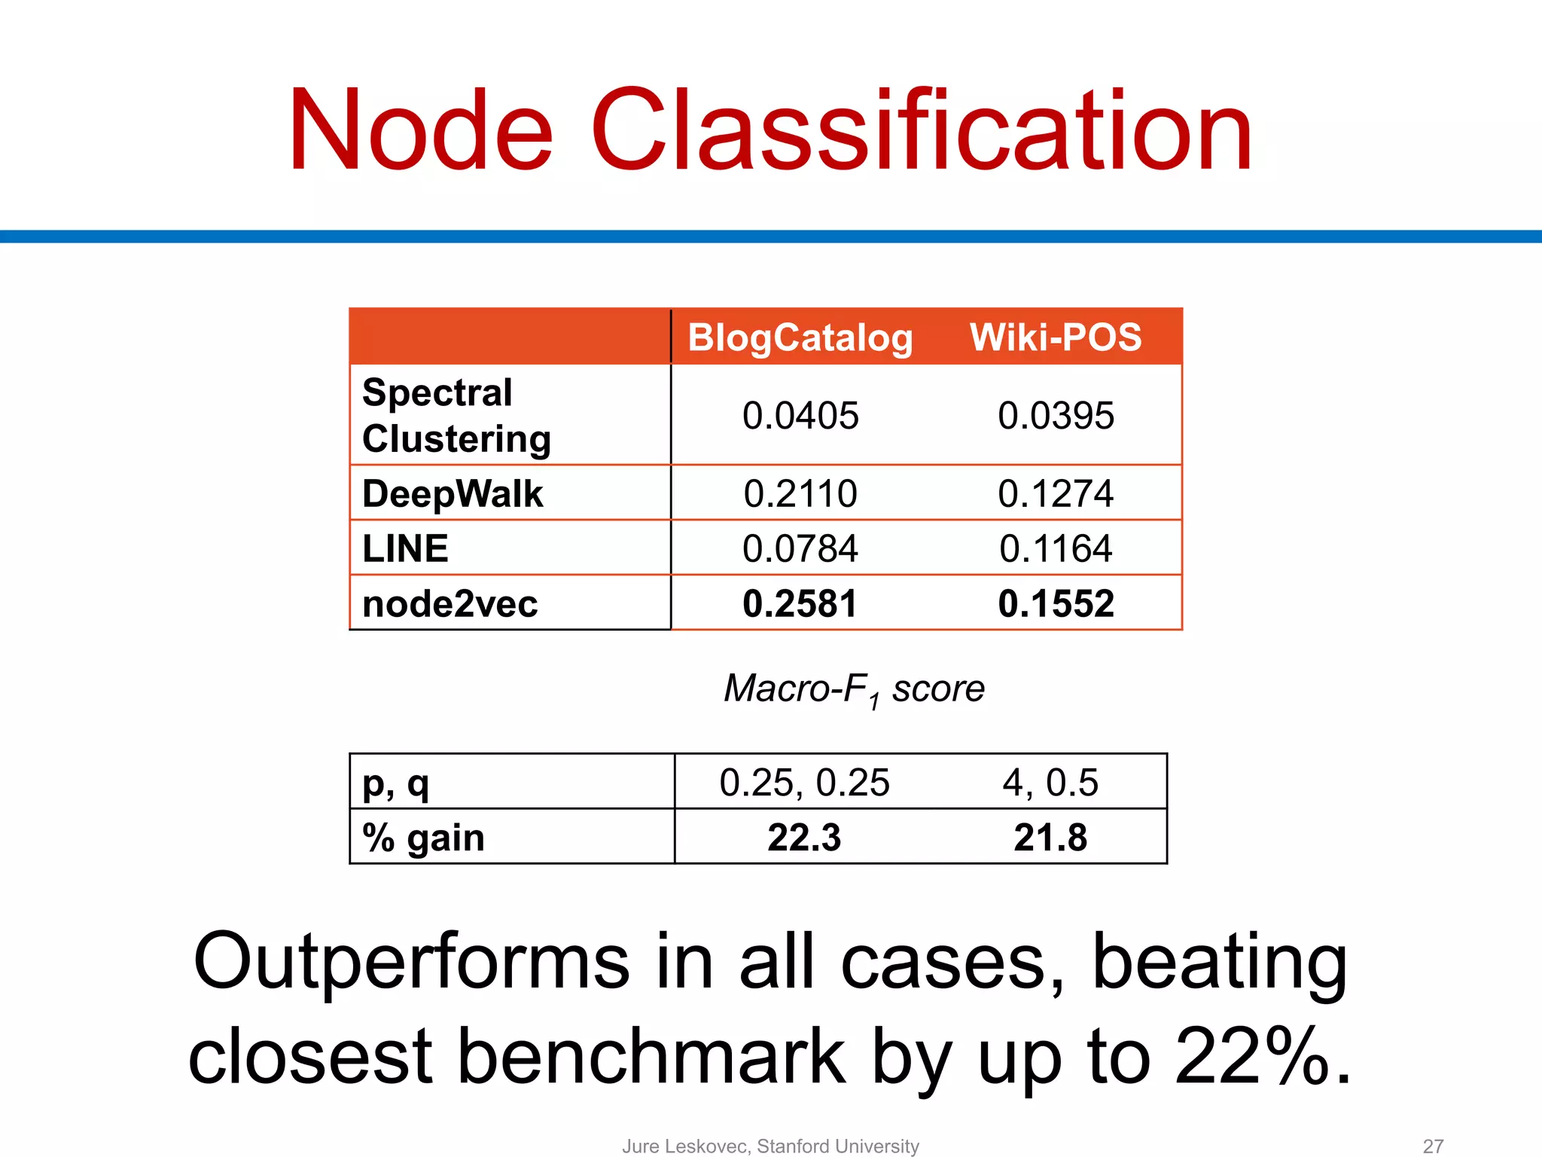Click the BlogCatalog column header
(800, 337)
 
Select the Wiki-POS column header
(1055, 337)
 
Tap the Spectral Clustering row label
(456, 415)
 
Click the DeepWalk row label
(453, 494)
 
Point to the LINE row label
(405, 548)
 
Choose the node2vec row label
(449, 604)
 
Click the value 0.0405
(800, 416)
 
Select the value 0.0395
(1056, 416)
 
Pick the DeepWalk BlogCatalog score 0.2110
(800, 494)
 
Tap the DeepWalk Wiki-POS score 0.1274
(1056, 494)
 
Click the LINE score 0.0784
(800, 548)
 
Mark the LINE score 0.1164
(1056, 548)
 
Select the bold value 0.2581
(800, 604)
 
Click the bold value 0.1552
(1056, 604)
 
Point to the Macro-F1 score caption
(854, 689)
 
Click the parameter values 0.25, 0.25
(804, 783)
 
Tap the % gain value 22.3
(804, 838)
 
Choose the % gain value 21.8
(1050, 838)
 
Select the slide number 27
(1433, 1146)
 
